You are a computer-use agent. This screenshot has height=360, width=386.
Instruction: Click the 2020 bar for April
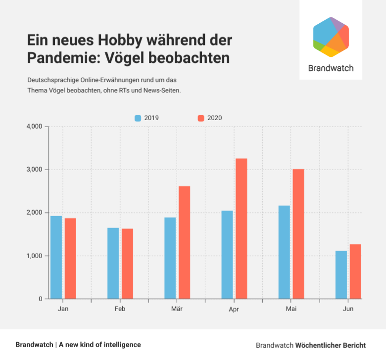pos(241,228)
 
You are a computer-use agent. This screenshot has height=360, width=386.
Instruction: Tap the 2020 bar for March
pos(184,242)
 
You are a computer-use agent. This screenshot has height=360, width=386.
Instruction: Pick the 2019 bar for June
pos(341,275)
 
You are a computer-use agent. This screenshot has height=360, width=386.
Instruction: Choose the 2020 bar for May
pos(298,234)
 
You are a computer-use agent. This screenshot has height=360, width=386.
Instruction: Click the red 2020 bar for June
pos(355,271)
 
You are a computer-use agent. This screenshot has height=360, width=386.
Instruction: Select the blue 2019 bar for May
pos(284,252)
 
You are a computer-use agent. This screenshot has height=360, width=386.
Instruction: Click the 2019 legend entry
pos(147,118)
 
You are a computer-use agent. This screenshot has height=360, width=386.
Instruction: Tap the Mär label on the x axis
pos(177,309)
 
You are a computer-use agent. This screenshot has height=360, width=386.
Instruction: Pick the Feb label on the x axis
pos(120,309)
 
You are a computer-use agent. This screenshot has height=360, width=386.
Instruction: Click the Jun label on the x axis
pos(348,309)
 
